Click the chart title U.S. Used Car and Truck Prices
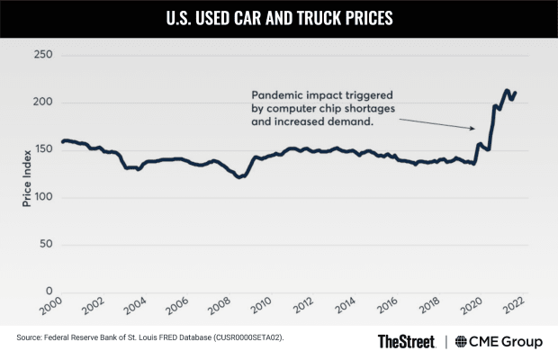[279, 17]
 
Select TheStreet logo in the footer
[406, 341]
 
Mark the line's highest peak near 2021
[507, 90]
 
